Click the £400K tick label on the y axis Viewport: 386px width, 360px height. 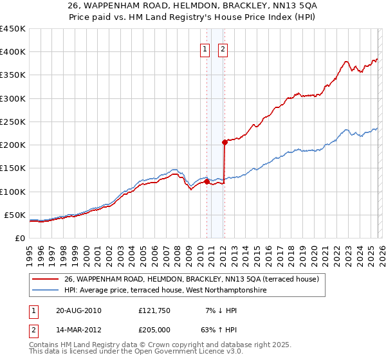tap(13, 52)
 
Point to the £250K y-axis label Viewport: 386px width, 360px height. tap(13, 122)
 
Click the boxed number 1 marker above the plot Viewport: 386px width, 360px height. tap(205, 50)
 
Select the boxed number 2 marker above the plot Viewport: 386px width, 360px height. tap(223, 50)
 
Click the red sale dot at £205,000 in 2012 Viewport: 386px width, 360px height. tap(225, 142)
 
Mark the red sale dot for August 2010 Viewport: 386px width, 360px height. tap(207, 181)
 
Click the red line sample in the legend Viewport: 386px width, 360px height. tap(46, 279)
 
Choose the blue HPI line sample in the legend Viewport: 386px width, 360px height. tap(46, 291)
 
